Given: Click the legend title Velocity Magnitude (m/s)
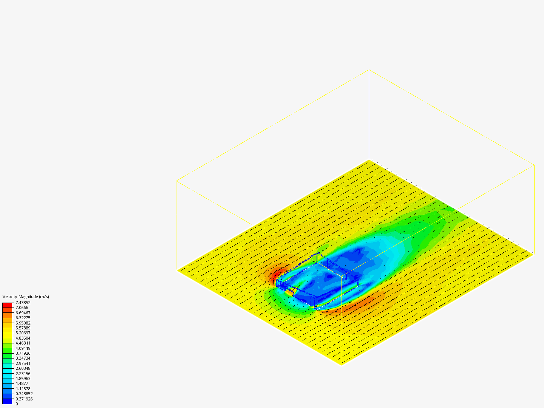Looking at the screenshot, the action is click(x=26, y=297).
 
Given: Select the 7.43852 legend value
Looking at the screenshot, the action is click(x=23, y=303).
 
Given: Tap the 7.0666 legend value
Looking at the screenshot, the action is click(x=22, y=308).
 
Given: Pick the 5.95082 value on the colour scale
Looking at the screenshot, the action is click(x=23, y=323).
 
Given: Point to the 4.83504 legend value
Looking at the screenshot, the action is click(x=23, y=338).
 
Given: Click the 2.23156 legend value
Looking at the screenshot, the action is click(x=23, y=374).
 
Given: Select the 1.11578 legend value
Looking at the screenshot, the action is click(x=23, y=389).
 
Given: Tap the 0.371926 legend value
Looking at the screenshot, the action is click(x=24, y=399).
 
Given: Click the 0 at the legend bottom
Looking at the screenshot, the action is click(x=17, y=404).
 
